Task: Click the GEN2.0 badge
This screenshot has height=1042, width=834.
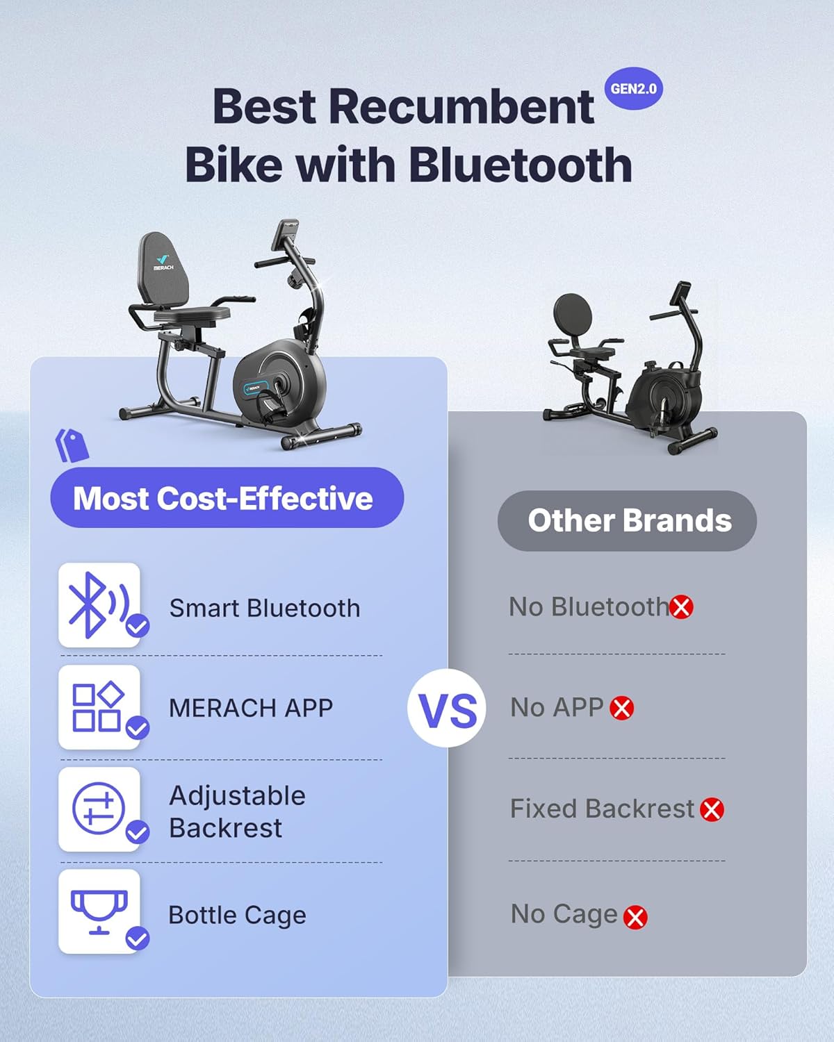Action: pos(633,89)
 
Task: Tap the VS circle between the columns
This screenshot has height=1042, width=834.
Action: pos(447,709)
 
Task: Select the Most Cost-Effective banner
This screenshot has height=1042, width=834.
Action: pos(227,497)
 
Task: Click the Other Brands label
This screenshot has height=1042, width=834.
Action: pos(627,521)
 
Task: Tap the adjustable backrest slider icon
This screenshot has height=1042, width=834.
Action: pos(99,809)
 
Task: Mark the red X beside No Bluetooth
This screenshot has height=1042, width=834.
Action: pos(681,607)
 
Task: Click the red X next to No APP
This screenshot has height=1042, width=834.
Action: pos(621,709)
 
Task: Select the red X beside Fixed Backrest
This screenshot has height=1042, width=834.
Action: pos(712,809)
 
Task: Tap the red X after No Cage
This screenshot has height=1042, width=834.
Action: pos(635,917)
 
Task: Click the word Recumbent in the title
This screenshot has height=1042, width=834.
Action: pos(461,107)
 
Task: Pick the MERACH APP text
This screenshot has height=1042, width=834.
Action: pos(251,708)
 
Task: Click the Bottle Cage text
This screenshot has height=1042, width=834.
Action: pos(237,915)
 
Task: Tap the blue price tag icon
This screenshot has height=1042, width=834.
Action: pos(72,445)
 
